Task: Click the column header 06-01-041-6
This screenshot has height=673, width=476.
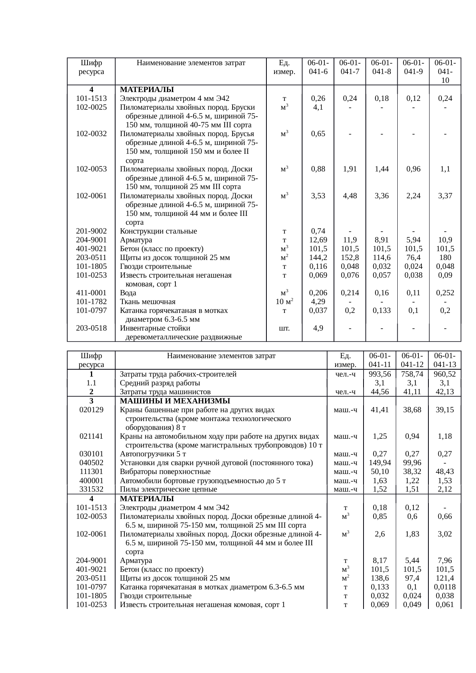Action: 318,67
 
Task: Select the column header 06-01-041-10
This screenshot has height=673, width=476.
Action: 445,71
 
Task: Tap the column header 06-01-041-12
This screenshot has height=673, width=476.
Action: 412,360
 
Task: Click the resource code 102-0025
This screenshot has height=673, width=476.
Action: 91,107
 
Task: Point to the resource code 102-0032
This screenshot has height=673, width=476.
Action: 91,134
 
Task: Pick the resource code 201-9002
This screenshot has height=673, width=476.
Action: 91,231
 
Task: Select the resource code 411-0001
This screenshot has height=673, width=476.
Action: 91,293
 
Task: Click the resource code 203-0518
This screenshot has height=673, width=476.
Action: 91,328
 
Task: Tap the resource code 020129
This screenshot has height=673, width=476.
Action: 91,410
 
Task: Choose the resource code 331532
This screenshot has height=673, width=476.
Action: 91,489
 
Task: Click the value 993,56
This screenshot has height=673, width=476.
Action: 380,374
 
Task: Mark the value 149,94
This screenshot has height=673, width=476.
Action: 380,463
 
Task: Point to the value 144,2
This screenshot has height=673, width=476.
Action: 318,258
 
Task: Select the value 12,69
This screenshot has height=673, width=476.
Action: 318,240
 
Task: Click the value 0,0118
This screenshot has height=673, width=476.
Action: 445,587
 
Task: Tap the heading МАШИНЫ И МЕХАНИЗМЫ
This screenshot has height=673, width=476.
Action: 175,401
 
